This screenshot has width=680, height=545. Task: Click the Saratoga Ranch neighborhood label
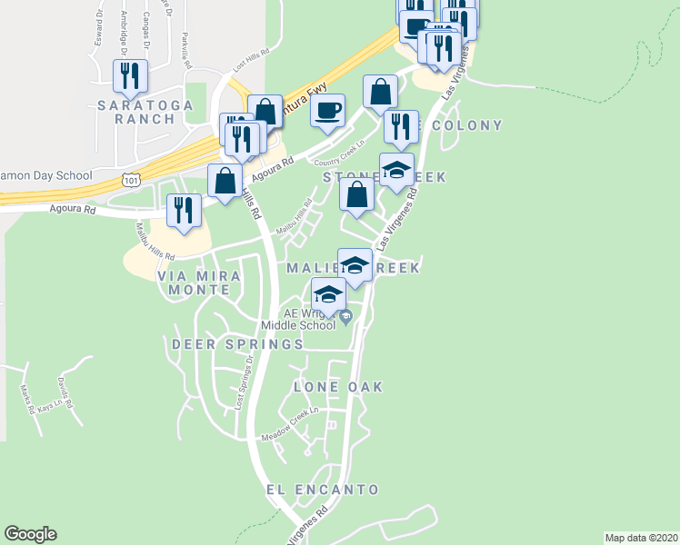(145, 112)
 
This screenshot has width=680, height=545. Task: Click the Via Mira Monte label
(199, 282)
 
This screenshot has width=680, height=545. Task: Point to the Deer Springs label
(237, 344)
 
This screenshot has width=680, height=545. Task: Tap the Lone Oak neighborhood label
(338, 387)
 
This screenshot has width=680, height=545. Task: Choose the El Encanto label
(323, 490)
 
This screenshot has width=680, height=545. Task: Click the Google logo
(30, 534)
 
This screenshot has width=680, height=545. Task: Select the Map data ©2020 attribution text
(640, 538)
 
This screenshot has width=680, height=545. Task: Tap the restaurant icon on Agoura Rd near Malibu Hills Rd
(184, 211)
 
